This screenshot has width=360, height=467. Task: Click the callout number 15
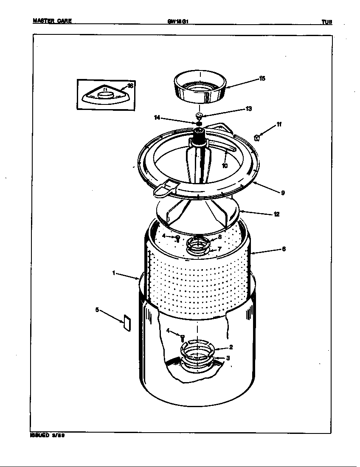tap(262, 79)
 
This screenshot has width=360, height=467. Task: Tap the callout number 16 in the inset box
tap(130, 86)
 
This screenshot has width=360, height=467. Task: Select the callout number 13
tap(249, 109)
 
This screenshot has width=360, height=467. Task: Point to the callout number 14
tap(157, 118)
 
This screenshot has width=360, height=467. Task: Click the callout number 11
tap(278, 124)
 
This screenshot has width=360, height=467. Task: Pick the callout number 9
tap(283, 193)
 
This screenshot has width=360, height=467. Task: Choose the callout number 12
tap(276, 214)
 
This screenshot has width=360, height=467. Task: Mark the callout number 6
tap(283, 249)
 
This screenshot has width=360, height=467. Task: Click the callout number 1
tap(114, 273)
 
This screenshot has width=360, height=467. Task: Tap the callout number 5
tap(97, 310)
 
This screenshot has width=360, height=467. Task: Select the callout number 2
tap(231, 346)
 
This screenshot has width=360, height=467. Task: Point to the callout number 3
tap(228, 358)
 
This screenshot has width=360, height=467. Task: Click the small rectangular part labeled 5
tap(126, 322)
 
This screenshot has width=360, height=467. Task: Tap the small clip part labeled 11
tap(256, 137)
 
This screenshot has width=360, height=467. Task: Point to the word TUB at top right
tap(326, 22)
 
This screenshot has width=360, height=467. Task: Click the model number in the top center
tap(177, 21)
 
